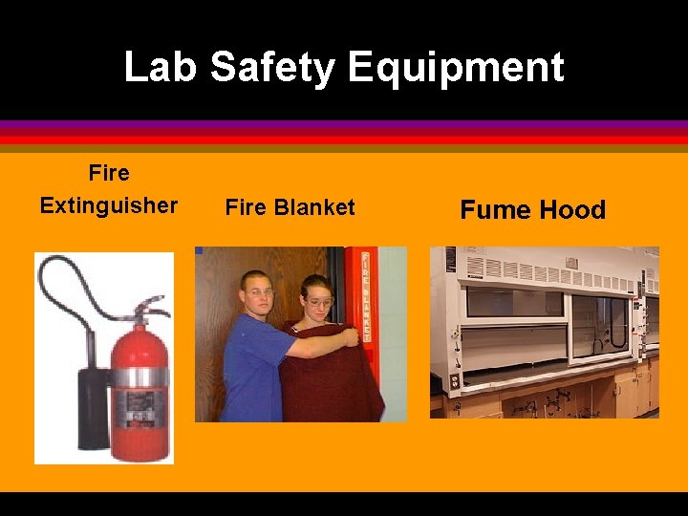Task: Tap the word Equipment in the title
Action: coord(456,68)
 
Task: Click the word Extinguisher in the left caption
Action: coord(109,205)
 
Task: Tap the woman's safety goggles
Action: coord(319,303)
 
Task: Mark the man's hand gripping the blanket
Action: coord(351,336)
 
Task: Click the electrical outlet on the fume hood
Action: coord(454,379)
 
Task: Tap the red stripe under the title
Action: coord(344,140)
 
